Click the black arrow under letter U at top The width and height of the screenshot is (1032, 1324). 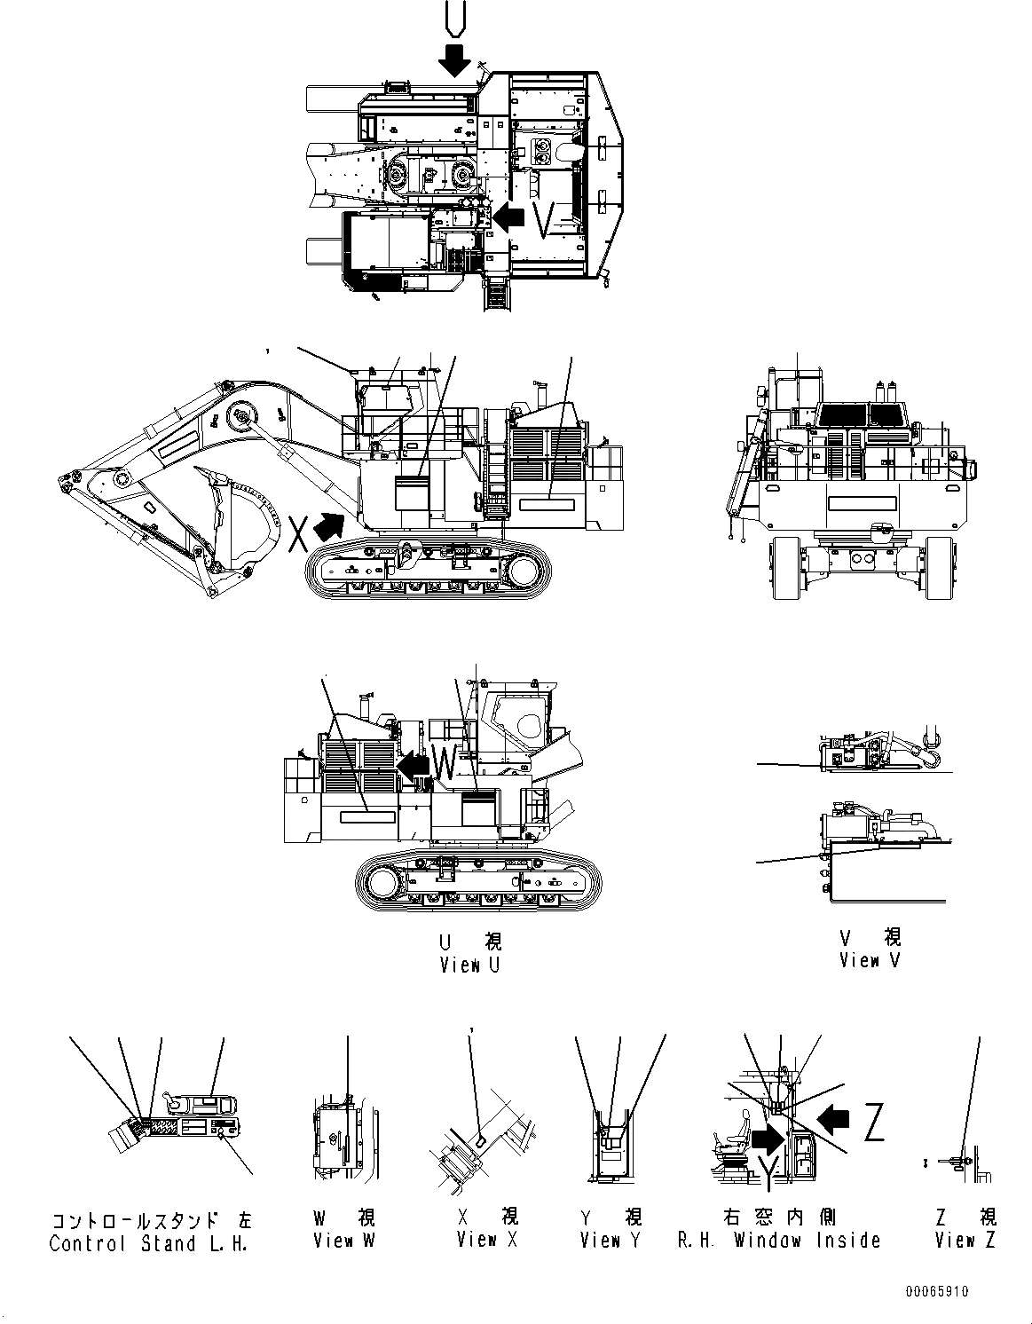point(455,59)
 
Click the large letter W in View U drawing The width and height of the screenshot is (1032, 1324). point(445,762)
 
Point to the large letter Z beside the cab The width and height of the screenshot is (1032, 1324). point(873,1124)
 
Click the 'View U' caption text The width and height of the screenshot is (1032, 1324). point(469,965)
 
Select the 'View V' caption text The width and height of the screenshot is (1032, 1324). point(869,960)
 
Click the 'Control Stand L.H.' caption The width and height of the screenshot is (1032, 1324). point(148,1243)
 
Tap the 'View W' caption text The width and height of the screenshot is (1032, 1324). point(343,1240)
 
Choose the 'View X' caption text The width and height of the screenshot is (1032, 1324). point(486,1240)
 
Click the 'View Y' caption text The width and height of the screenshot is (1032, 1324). point(611,1240)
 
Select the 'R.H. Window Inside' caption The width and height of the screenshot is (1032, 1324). point(779,1240)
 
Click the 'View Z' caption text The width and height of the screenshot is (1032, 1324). point(965,1240)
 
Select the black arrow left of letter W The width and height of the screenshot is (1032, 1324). point(413,763)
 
